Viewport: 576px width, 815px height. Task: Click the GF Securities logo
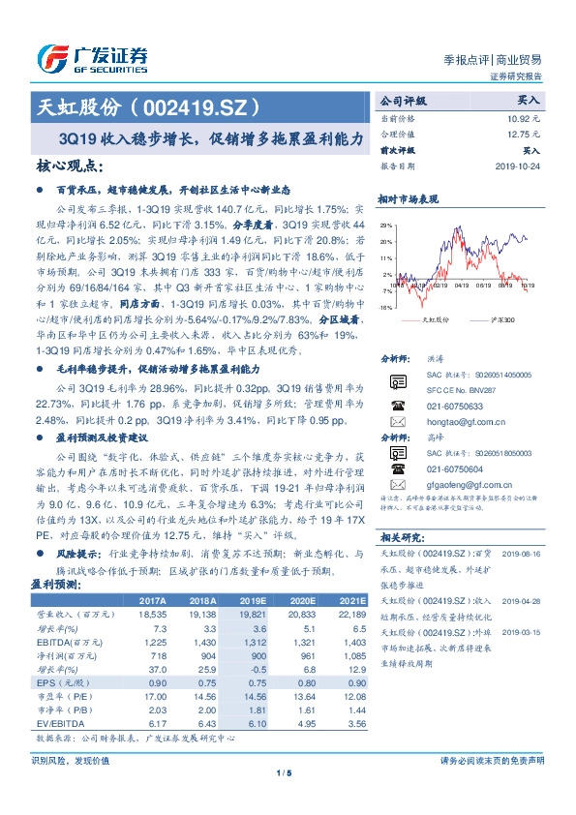[x=92, y=57]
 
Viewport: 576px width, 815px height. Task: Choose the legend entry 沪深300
[x=504, y=318]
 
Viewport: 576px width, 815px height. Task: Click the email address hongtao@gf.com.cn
[x=452, y=422]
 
